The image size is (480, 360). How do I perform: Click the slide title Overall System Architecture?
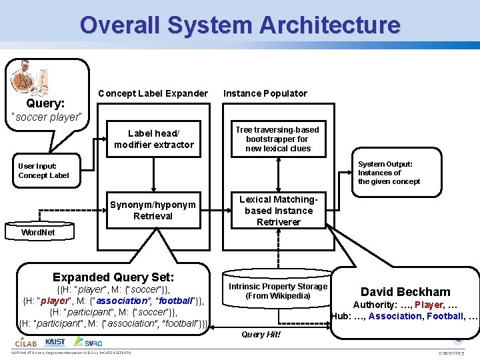tap(240, 25)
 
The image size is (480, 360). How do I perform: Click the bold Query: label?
tap(45, 103)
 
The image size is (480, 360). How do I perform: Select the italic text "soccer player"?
tap(47, 117)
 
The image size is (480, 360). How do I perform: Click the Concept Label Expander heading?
tap(153, 93)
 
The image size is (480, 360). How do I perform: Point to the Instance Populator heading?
tap(265, 93)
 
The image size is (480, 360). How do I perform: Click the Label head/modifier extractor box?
tap(154, 139)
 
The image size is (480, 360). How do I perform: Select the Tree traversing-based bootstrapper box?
tap(278, 139)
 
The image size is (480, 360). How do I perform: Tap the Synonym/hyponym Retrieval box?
tap(153, 210)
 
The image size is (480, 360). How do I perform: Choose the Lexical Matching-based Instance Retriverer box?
tap(278, 210)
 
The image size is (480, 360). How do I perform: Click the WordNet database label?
tap(38, 233)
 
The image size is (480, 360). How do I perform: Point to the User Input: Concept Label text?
tap(43, 171)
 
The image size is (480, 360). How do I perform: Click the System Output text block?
tap(385, 172)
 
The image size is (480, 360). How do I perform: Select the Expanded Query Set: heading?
tap(113, 277)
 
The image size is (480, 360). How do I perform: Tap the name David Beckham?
tap(405, 291)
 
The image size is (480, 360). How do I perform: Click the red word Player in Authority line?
tap(429, 305)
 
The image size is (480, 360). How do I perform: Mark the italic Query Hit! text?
tap(261, 334)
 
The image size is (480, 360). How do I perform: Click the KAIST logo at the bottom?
tap(55, 342)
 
